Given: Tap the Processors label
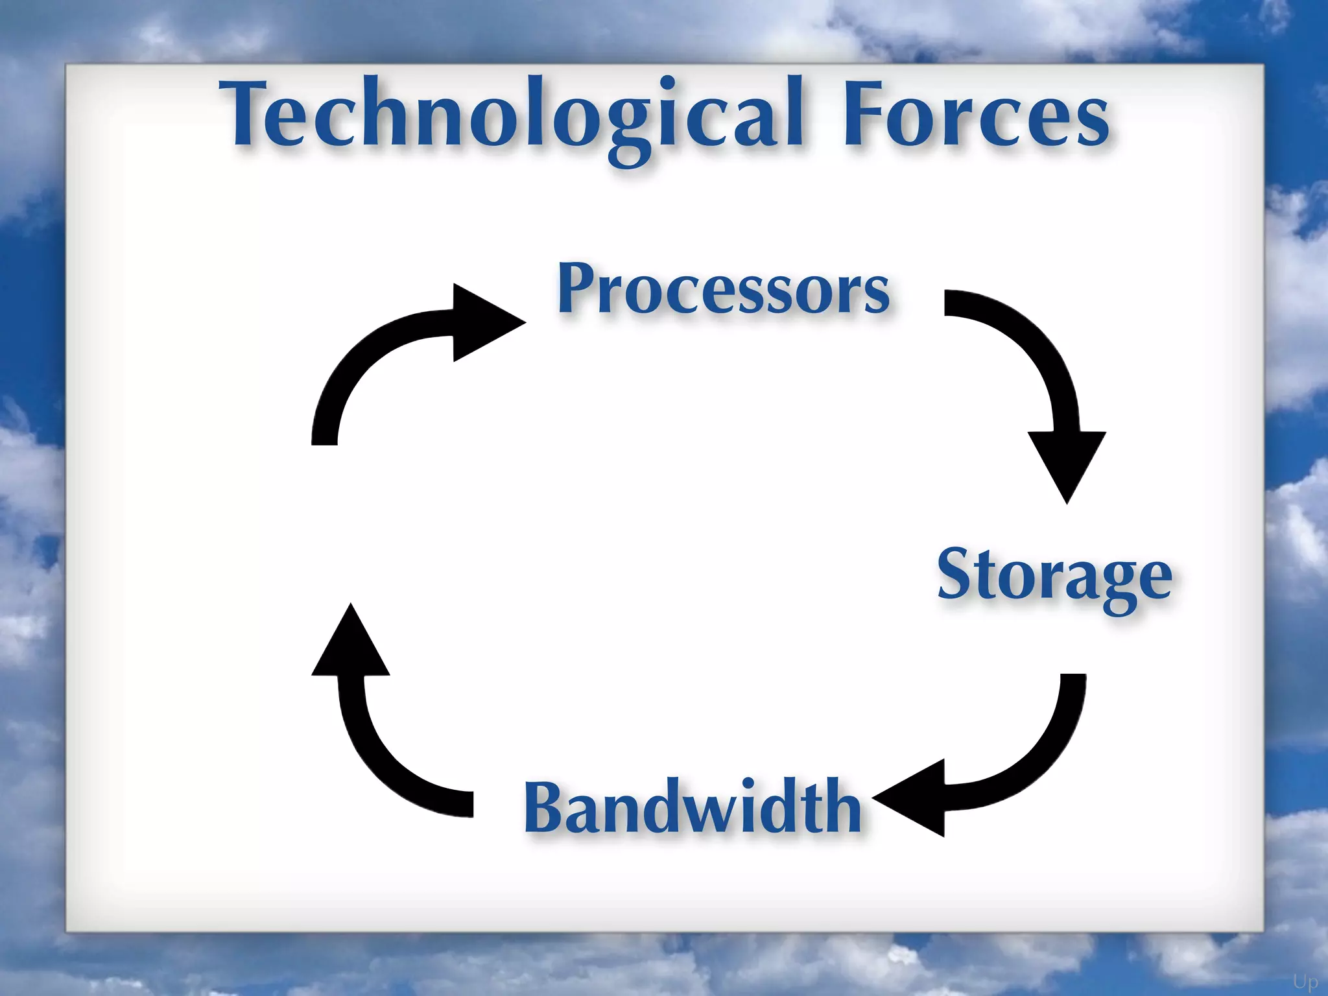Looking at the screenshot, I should (x=723, y=289).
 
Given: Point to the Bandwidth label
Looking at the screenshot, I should (x=693, y=807).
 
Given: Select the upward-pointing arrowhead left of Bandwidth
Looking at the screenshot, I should (x=351, y=645).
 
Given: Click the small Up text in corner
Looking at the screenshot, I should (x=1305, y=981).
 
